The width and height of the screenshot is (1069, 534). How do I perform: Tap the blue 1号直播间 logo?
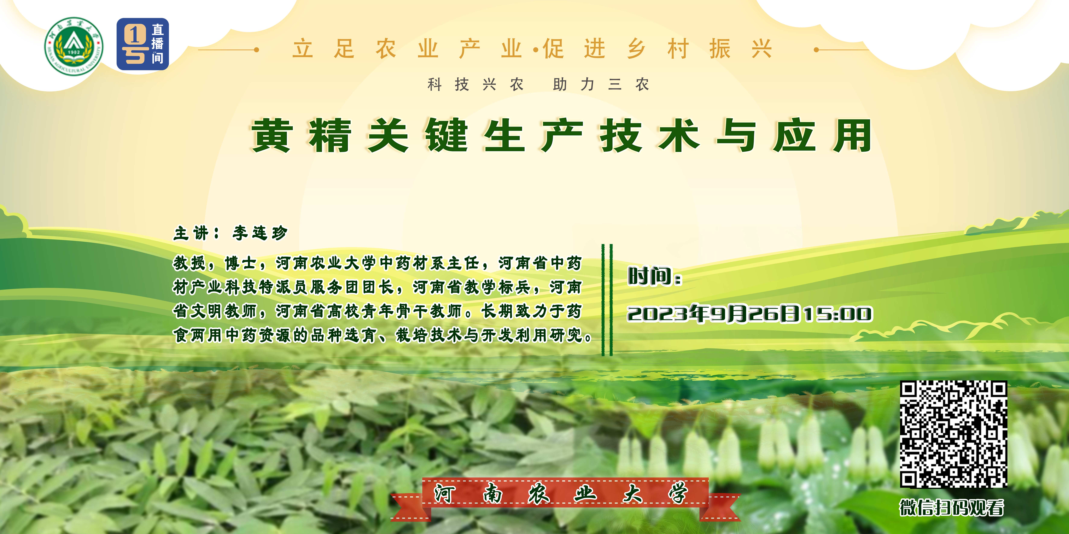coord(143,44)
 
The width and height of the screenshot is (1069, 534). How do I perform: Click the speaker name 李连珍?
coord(260,233)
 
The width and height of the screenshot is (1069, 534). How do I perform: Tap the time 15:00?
coord(837,314)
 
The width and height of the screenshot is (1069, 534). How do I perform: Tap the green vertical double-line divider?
coord(607,300)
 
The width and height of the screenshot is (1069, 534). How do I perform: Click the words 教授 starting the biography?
coord(190,263)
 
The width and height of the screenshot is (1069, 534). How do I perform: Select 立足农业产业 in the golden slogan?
coord(407,49)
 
